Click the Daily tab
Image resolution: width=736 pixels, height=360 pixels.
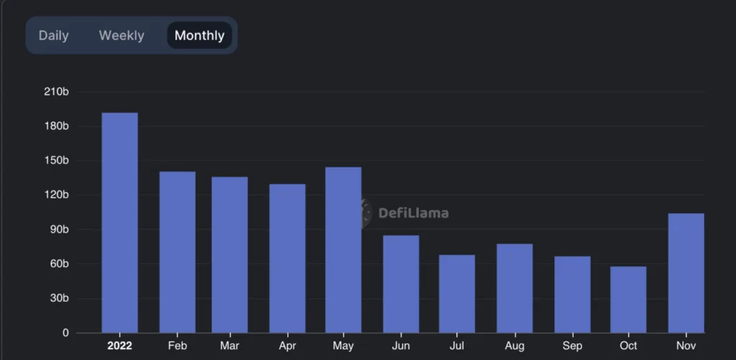[x=54, y=35]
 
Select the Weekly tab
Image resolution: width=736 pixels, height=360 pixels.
[x=121, y=35]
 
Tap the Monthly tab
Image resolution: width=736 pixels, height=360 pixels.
[x=199, y=35]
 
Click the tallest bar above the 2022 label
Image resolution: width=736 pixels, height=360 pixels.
[x=120, y=223]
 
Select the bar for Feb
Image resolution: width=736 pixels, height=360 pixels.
[x=177, y=252]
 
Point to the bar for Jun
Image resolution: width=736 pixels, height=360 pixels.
[x=401, y=284]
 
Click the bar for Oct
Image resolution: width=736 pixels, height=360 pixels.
[x=628, y=300]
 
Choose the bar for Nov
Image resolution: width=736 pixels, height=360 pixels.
[x=686, y=273]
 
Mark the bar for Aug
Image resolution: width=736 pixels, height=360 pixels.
[x=515, y=288]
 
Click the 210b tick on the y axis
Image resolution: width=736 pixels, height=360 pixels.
[x=56, y=92]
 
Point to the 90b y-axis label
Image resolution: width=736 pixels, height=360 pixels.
[x=58, y=229]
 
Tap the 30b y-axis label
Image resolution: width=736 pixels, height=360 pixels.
[x=58, y=298]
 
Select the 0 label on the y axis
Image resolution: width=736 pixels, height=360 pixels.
[x=65, y=333]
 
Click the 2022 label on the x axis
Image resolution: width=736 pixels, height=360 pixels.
[x=119, y=346]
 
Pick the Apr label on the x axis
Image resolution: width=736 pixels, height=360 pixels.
[x=287, y=346]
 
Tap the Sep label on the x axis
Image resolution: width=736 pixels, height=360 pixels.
[x=572, y=346]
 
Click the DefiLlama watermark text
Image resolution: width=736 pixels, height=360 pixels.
[x=413, y=213]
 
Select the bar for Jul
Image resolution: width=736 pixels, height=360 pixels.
[x=457, y=294]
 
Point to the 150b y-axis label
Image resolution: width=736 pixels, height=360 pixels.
[x=56, y=160]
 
